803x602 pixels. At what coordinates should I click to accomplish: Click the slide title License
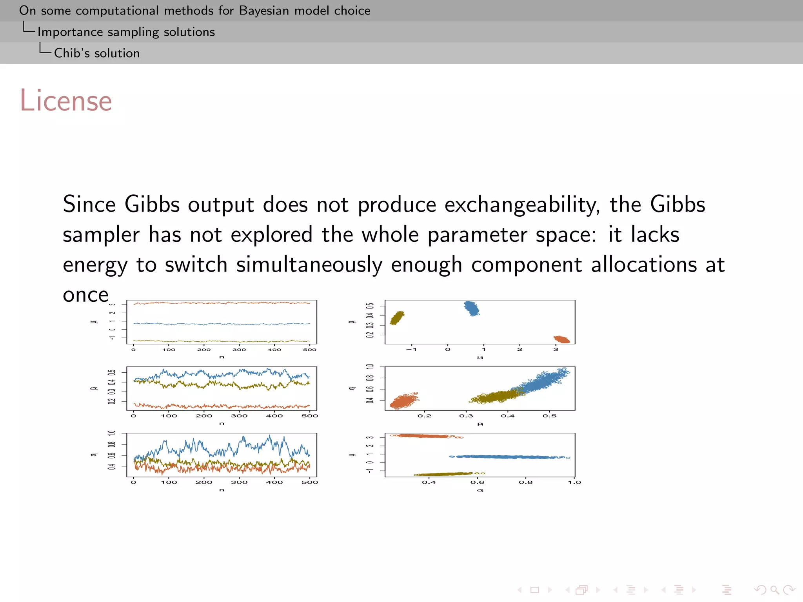[x=66, y=101]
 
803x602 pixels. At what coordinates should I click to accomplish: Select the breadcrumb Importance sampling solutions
[x=126, y=32]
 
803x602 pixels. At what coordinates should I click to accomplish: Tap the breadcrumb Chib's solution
[x=96, y=53]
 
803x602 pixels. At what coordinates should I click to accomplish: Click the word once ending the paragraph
[x=85, y=295]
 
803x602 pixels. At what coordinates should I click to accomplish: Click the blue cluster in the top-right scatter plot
[x=472, y=308]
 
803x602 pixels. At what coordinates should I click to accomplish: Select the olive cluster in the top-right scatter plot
[x=397, y=318]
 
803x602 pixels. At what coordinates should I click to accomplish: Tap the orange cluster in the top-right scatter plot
[x=562, y=339]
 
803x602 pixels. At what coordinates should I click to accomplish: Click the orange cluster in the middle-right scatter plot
[x=403, y=401]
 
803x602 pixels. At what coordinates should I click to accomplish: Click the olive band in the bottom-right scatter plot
[x=445, y=474]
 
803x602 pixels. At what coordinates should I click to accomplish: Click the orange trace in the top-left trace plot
[x=222, y=303]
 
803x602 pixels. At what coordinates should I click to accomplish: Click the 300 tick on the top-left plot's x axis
[x=239, y=350]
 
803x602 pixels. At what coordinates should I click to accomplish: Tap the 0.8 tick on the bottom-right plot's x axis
[x=525, y=482]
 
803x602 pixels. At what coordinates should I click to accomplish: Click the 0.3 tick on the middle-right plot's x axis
[x=466, y=416]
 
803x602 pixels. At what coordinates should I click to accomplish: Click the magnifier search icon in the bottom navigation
[x=774, y=590]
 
